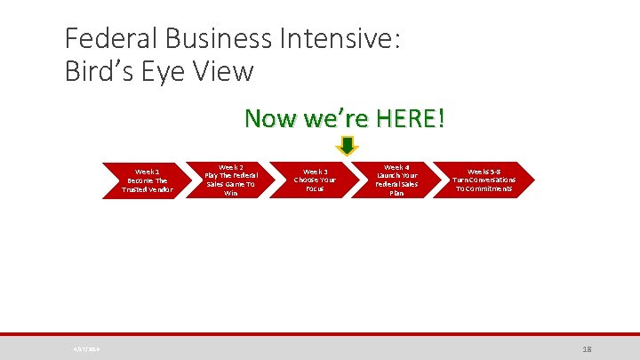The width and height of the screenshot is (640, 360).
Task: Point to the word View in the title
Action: click(x=223, y=70)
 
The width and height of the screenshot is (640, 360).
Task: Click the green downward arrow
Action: click(x=348, y=146)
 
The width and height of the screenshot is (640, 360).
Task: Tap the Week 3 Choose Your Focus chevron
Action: click(x=315, y=180)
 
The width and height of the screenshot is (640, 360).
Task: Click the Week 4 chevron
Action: click(x=396, y=180)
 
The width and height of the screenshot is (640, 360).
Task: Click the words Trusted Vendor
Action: click(x=148, y=189)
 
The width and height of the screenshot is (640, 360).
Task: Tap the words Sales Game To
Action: click(x=231, y=184)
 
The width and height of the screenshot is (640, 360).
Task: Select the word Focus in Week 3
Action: click(x=315, y=188)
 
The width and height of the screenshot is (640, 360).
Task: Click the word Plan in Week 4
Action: click(x=396, y=193)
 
